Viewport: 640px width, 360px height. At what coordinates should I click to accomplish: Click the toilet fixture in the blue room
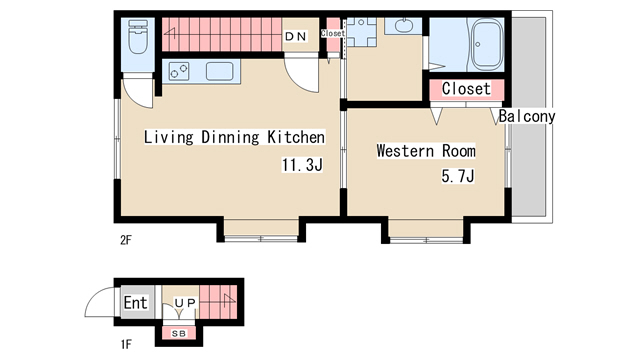(138, 37)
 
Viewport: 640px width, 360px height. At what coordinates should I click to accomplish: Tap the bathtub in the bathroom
(487, 44)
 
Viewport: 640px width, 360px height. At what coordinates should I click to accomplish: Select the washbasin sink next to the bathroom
(404, 26)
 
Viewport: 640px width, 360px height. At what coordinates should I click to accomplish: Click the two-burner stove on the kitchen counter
(179, 71)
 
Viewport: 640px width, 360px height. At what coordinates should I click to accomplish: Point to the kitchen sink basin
(220, 71)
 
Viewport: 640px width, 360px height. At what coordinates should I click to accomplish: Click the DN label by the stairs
(296, 37)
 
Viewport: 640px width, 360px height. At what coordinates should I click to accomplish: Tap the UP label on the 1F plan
(185, 303)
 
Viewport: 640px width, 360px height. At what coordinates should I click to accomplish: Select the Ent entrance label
(135, 303)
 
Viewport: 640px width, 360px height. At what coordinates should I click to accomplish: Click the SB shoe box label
(179, 333)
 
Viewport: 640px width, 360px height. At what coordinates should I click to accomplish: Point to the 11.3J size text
(302, 165)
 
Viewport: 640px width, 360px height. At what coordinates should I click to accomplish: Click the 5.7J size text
(458, 176)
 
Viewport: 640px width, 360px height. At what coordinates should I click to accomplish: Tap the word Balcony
(527, 116)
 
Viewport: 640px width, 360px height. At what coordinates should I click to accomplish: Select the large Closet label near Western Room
(466, 89)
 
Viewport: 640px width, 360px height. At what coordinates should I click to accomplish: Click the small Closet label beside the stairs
(333, 33)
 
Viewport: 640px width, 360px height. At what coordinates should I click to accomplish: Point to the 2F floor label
(126, 240)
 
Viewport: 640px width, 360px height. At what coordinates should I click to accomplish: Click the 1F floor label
(126, 344)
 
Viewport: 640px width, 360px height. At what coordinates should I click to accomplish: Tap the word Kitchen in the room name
(296, 137)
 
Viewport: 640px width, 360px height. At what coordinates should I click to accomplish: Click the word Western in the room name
(405, 151)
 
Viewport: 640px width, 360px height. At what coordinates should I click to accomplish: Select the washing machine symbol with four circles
(361, 32)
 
